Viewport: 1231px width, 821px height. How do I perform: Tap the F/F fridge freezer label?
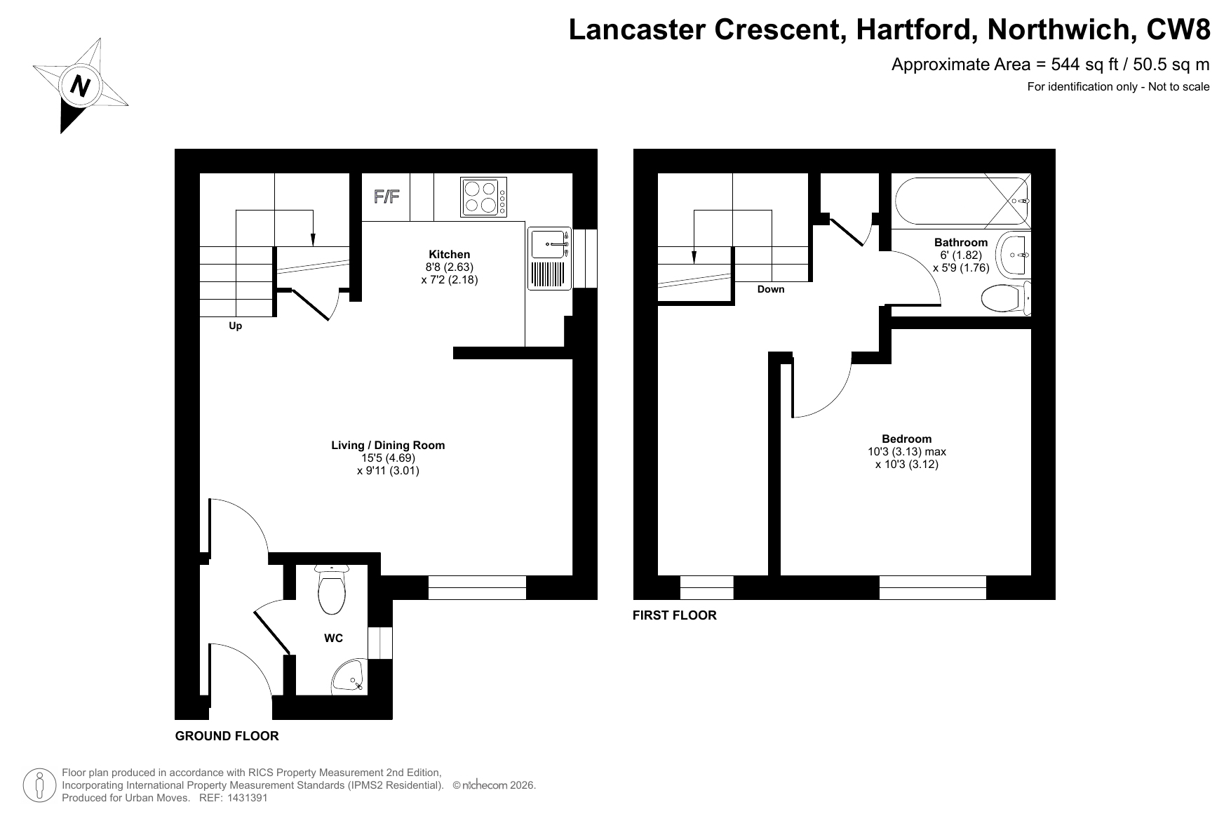(386, 196)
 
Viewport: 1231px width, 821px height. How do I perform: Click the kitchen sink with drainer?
(550, 259)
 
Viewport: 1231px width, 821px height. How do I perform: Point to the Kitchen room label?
(450, 255)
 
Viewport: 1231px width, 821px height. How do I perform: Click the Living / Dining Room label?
(388, 445)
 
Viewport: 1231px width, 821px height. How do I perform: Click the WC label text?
(334, 638)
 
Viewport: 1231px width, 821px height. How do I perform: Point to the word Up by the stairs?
(236, 326)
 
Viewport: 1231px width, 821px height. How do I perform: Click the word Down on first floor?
(771, 289)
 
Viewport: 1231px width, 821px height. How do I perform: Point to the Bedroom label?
(907, 439)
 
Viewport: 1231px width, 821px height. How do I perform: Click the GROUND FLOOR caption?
(227, 736)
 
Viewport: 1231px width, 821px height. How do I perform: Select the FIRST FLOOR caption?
(675, 615)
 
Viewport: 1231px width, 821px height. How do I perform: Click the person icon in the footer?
(41, 785)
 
